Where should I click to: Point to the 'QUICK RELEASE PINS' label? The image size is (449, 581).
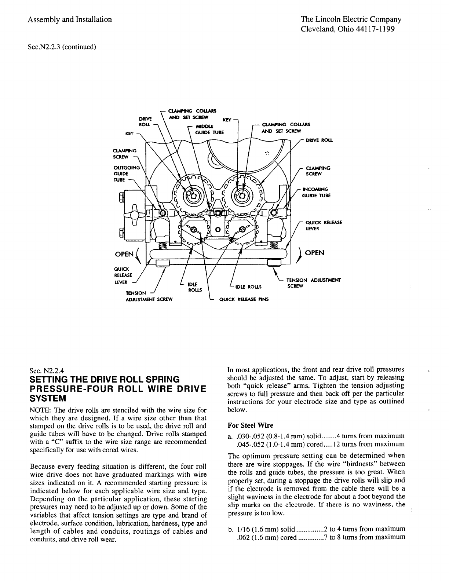coord(244,299)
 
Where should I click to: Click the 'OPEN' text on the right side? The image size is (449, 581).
coord(315,253)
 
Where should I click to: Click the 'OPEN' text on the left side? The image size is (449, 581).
coord(125,253)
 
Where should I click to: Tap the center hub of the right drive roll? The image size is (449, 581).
coord(242,195)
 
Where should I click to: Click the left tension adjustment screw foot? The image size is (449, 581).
coord(162,263)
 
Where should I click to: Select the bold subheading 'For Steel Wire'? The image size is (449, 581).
coord(251,425)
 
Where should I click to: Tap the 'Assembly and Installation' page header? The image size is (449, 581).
coord(70,19)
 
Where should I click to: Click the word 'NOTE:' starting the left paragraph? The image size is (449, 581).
coord(40,410)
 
